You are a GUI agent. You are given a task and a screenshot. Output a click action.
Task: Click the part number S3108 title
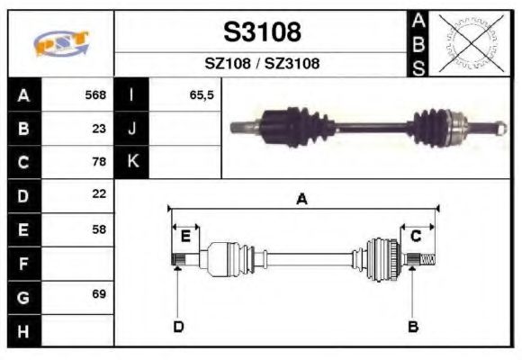[x=262, y=33]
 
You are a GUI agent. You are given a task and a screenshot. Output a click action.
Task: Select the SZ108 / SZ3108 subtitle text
[x=262, y=64]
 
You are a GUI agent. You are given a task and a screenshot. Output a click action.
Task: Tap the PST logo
[x=61, y=43]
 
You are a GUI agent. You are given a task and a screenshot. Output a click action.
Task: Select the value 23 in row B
[x=99, y=129]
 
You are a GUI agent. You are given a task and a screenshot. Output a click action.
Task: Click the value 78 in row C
[x=99, y=162]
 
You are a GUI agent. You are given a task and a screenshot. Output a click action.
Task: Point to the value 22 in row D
[x=99, y=194]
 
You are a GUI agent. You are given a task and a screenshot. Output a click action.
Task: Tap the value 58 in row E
[x=99, y=229]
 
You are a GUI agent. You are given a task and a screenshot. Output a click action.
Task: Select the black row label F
[x=23, y=263]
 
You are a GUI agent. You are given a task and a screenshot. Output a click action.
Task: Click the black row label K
[x=132, y=162]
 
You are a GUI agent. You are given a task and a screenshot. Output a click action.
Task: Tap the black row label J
[x=132, y=129]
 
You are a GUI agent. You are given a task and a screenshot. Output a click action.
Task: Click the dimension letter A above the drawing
[x=301, y=200]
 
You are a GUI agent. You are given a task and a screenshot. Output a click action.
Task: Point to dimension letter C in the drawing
[x=416, y=236]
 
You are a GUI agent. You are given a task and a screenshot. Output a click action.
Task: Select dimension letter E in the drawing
[x=185, y=236]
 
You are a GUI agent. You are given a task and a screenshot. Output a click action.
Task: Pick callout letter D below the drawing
[x=178, y=326]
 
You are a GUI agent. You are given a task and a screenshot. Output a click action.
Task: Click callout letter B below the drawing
[x=413, y=326]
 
